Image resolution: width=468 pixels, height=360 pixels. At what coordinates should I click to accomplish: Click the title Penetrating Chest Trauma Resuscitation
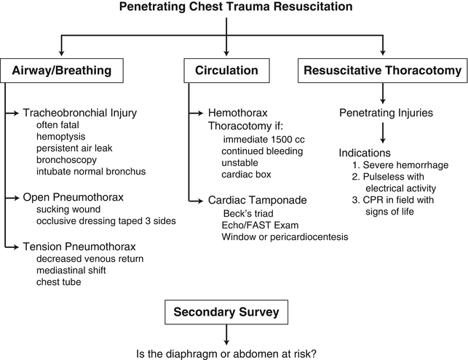click(231, 8)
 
